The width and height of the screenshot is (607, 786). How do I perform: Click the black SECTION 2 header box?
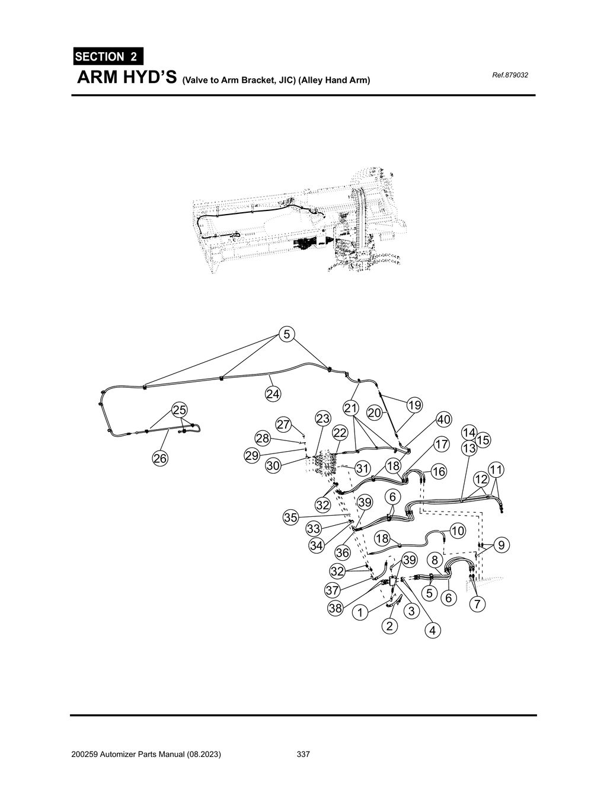107,57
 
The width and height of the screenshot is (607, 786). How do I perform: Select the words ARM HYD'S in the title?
126,79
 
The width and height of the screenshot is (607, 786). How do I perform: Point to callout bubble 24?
273,394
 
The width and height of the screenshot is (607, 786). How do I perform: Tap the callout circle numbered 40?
443,420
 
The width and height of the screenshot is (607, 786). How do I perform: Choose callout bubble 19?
414,405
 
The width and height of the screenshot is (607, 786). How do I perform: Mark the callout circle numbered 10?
458,531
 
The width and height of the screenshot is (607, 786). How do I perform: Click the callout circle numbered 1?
359,613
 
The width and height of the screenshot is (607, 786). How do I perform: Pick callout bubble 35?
290,517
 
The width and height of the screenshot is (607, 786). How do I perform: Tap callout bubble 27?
284,424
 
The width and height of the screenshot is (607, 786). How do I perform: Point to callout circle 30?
273,466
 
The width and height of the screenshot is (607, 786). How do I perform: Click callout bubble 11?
496,470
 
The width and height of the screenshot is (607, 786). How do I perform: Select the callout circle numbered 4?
433,631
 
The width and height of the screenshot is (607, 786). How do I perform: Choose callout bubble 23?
322,418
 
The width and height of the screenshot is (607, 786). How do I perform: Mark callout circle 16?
438,472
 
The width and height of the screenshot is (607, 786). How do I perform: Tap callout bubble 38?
336,608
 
